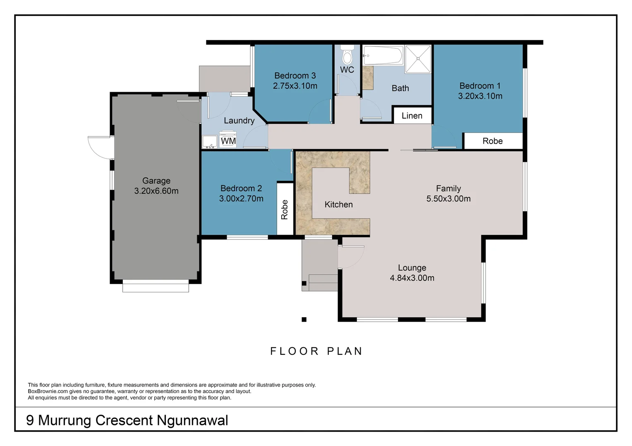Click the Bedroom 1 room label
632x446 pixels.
coord(480,86)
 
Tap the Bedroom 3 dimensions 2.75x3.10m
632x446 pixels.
coord(295,86)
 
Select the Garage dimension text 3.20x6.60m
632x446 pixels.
coord(156,191)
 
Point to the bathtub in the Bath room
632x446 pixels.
coord(383,55)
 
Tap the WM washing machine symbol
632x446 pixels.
coord(228,140)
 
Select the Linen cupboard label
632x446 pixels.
coord(412,116)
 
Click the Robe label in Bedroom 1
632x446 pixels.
coord(493,141)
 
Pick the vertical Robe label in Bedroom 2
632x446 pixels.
coord(285,209)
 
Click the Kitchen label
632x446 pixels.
coord(338,205)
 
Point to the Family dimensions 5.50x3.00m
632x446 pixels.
coord(448,199)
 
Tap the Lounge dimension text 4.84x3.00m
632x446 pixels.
coord(412,278)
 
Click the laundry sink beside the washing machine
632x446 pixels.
coord(210,142)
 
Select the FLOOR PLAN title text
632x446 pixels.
coord(316,351)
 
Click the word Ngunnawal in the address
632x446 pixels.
coord(192,420)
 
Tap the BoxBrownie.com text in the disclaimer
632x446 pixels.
coord(48,391)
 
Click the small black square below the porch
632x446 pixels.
coord(304,319)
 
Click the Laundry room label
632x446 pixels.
coord(239,121)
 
